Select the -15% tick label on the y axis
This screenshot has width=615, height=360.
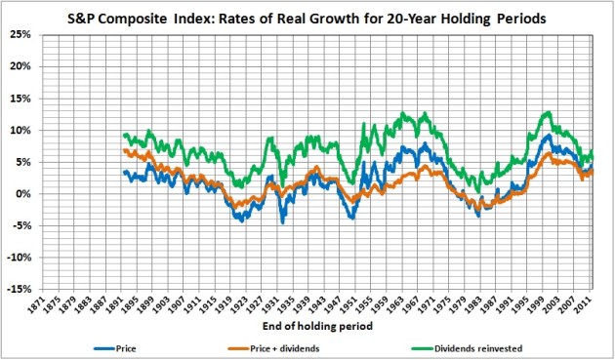22,290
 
